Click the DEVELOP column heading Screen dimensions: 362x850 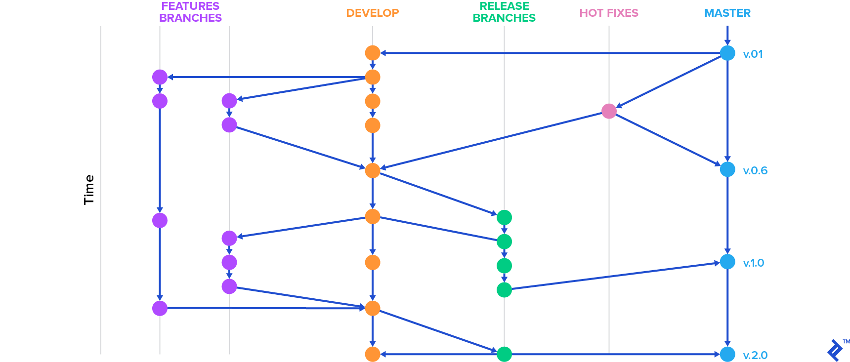pyautogui.click(x=372, y=13)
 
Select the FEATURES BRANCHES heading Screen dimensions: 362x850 pyautogui.click(x=190, y=12)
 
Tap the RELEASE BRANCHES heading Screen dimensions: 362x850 pyautogui.click(x=504, y=12)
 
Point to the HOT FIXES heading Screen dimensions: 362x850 pyautogui.click(x=609, y=13)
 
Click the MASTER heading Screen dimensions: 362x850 pyautogui.click(x=727, y=13)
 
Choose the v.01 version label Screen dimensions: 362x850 pyautogui.click(x=753, y=54)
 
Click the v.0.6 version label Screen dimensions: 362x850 pyautogui.click(x=755, y=171)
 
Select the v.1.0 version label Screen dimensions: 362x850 pyautogui.click(x=754, y=263)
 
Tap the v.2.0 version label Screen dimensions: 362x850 pyautogui.click(x=755, y=356)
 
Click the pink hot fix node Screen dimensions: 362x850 pyautogui.click(x=609, y=111)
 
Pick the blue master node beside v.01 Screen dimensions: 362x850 pyautogui.click(x=727, y=53)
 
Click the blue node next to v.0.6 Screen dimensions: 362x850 pyautogui.click(x=727, y=169)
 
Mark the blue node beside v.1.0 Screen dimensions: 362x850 pyautogui.click(x=727, y=262)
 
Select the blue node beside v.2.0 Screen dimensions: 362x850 pyautogui.click(x=727, y=354)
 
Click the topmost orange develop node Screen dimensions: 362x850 pyautogui.click(x=373, y=53)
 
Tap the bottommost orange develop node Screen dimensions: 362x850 pyautogui.click(x=373, y=354)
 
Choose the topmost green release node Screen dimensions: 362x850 pyautogui.click(x=504, y=217)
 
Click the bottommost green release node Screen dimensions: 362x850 pyautogui.click(x=504, y=354)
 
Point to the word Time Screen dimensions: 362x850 pyautogui.click(x=89, y=190)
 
